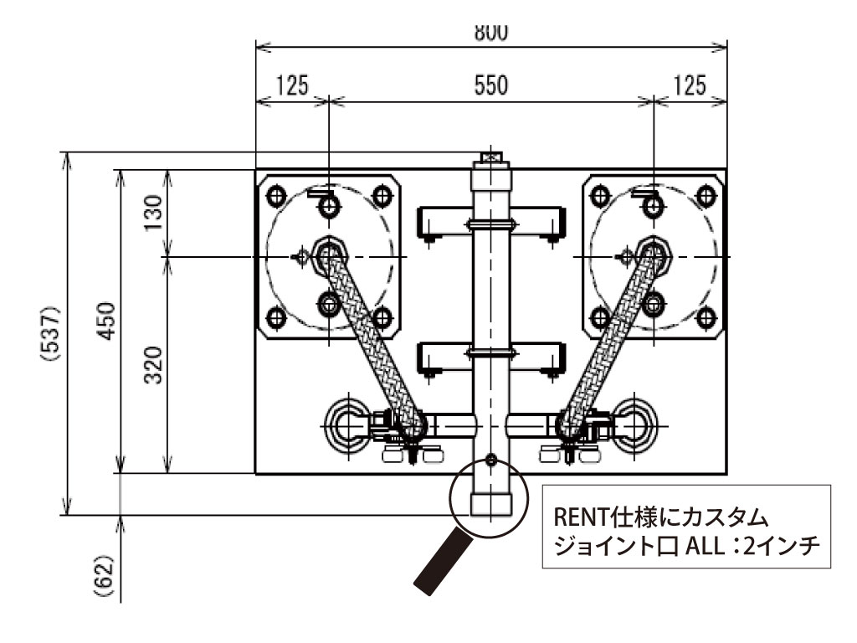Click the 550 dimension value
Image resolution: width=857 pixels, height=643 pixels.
pos(491,86)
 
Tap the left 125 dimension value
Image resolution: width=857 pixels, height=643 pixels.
pos(291,86)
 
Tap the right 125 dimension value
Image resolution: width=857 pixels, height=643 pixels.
pos(689,86)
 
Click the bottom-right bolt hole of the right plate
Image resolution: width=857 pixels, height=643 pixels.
pos(707,316)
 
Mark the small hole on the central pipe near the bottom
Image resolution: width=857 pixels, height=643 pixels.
pos(490,459)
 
